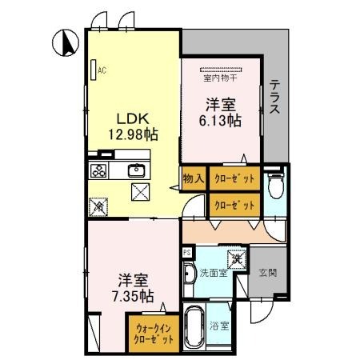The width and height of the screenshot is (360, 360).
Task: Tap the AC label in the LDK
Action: pos(102,70)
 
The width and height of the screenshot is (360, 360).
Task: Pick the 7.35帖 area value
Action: pos(134,295)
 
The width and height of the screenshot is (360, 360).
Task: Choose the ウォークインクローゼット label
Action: pos(154,332)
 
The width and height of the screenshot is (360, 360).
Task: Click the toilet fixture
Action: pos(276,186)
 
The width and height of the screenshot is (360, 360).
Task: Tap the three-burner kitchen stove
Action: pos(99,170)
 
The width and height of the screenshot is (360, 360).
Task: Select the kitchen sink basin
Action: pos(135,170)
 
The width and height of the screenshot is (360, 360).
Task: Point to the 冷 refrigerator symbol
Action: pos(100,206)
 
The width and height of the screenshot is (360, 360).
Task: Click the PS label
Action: pos(186,252)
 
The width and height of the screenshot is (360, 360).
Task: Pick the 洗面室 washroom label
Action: pos(214,272)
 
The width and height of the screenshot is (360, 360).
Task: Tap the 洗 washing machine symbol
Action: pos(238,259)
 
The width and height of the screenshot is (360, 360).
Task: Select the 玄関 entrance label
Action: pos(266,273)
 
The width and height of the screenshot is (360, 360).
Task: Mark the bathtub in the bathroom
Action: pos(194,326)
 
